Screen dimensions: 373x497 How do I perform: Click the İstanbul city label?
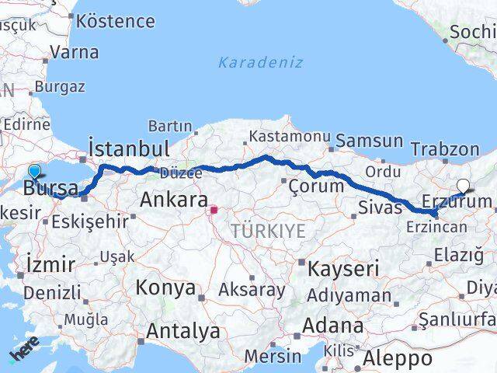coord(129,148)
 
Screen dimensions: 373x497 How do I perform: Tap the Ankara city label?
coord(173,200)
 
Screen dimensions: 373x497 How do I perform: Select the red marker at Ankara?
coord(214,209)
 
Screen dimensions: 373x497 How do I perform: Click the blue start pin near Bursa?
coord(34,172)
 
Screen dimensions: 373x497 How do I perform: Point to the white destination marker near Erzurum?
coord(464,186)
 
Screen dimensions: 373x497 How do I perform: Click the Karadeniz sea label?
coord(260,62)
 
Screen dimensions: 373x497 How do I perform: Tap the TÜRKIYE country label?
coord(267,231)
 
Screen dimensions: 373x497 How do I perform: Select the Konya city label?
coord(165,288)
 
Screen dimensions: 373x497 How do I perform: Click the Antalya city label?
coord(182,331)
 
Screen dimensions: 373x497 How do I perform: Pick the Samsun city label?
coord(370,141)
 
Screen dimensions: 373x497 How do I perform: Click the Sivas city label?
coord(381,207)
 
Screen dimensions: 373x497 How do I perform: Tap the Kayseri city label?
coord(342,269)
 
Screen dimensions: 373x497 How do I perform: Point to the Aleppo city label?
coord(398,358)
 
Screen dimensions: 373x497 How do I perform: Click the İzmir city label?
coord(50,263)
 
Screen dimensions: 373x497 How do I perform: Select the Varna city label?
coord(74,53)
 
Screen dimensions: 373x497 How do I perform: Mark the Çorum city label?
coord(315,186)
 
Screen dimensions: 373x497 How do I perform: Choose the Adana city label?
coord(333,325)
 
